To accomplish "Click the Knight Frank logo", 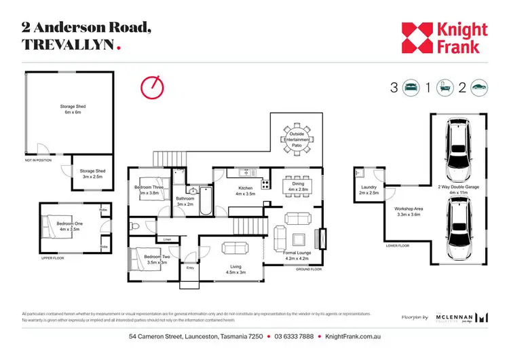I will click(444, 38).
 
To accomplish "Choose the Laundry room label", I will click(369, 190).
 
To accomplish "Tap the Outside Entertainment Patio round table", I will click(297, 139).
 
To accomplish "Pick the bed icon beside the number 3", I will click(411, 87).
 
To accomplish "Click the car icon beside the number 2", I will click(478, 87).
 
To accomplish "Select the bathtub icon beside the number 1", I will click(445, 87).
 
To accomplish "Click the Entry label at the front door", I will click(191, 268).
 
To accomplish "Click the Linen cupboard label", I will click(167, 239).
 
